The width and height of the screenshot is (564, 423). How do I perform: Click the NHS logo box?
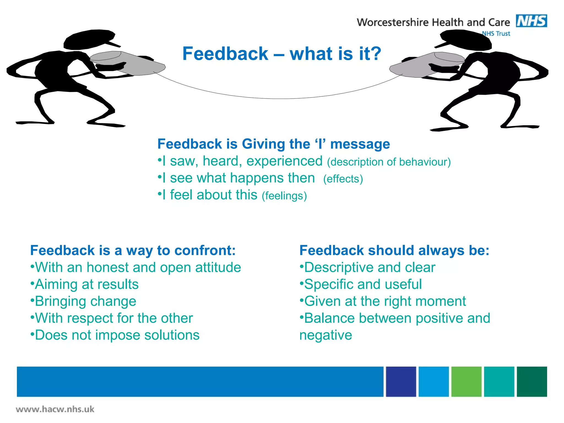[531, 21]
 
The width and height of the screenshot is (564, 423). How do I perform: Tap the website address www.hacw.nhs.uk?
[55, 409]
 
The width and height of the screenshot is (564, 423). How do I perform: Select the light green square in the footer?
[466, 381]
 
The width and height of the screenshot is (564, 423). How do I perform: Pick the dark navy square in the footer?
[401, 381]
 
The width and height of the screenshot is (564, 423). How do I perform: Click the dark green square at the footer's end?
[532, 381]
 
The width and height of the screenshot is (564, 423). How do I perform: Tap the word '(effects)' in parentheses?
[343, 179]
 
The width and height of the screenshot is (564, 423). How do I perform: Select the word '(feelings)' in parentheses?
[284, 196]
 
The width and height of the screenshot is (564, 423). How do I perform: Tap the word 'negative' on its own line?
[326, 335]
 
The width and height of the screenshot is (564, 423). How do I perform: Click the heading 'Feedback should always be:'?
[394, 250]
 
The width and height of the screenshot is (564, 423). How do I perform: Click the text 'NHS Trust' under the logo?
[496, 34]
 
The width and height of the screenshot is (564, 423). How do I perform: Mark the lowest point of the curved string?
[278, 98]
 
